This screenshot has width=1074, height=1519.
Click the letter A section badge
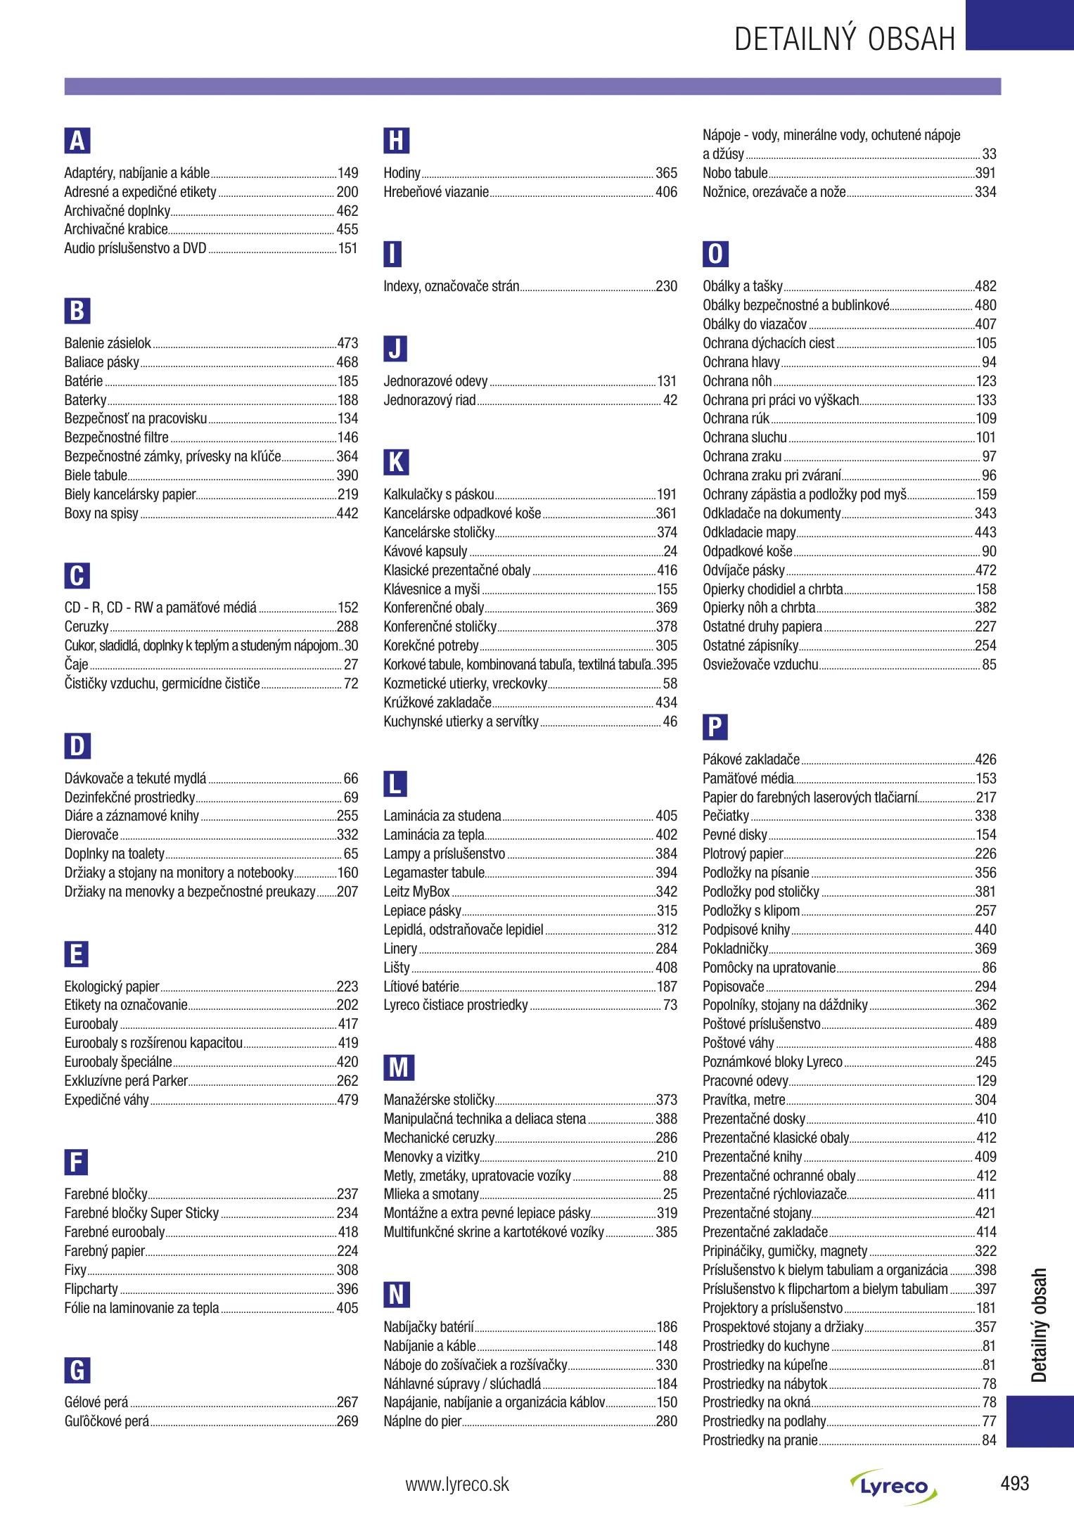77,141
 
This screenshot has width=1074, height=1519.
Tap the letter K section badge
396,462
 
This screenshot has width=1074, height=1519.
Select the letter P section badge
715,726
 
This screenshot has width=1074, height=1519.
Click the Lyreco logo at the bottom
893,1486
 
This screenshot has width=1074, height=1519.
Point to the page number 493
1014,1484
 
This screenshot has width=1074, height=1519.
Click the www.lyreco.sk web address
457,1485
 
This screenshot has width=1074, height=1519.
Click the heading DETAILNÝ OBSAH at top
845,39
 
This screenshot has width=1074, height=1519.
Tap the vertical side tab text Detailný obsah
1040,1325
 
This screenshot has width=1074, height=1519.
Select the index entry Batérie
84,381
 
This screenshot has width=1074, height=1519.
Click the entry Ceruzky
87,627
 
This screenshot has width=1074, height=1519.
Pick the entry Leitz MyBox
416,892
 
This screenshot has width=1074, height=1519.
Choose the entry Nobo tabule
735,173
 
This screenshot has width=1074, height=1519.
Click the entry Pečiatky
726,816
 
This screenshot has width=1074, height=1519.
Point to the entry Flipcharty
91,1289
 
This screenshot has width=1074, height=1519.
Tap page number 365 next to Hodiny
666,173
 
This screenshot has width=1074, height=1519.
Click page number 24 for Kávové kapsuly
670,551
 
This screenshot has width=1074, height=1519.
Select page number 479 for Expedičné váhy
347,1100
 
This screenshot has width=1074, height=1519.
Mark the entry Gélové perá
96,1402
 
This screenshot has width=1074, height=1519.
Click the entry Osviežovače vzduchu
760,665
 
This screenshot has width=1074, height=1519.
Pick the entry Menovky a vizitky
431,1157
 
